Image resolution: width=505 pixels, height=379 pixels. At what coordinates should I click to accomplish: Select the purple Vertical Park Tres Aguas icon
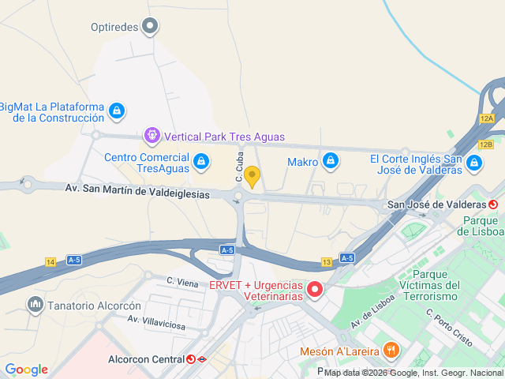pos(152,137)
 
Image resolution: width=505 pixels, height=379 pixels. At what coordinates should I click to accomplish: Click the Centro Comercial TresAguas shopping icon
pos(202,163)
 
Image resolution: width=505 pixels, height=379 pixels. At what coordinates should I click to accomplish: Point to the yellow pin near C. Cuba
pos(252,176)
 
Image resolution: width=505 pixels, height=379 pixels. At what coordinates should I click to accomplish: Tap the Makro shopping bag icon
pos(330,162)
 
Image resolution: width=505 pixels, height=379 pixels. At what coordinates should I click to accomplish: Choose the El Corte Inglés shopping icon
pos(474,163)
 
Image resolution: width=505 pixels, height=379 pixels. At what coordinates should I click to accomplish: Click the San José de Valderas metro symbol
pos(493,205)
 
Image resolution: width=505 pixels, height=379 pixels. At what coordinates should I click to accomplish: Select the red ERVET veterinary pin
pos(315,290)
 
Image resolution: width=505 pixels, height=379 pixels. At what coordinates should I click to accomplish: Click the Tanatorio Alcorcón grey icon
pos(35,305)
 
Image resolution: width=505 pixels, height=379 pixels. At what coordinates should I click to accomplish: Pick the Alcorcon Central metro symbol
pos(191,359)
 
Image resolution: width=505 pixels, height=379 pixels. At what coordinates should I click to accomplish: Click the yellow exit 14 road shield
pos(50,262)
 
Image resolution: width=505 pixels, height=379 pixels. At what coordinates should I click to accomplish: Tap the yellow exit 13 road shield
pos(327,262)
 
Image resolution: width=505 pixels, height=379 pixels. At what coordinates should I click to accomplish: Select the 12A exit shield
pos(486,118)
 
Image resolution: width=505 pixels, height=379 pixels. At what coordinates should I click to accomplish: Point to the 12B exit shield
pos(486,144)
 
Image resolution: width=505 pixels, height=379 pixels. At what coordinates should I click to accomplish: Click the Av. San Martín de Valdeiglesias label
pos(137,190)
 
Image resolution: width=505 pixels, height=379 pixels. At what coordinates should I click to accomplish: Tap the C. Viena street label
pos(182,280)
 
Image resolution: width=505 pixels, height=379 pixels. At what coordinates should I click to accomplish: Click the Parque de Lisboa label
pos(482,226)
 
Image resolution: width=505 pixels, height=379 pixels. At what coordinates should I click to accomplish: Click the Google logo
pos(26,370)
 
